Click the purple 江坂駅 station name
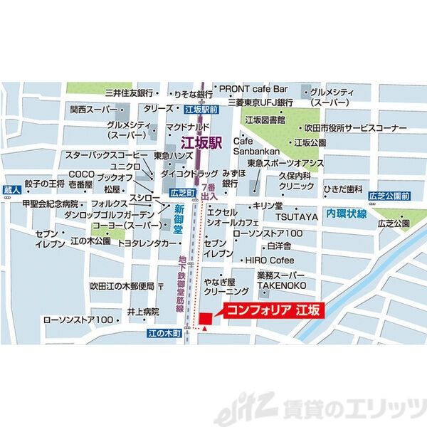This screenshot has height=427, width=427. [201, 142]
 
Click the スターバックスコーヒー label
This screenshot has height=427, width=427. [107, 155]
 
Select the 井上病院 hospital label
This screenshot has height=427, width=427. [142, 312]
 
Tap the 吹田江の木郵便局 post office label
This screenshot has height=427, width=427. [122, 286]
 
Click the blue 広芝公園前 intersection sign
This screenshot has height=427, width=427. [389, 196]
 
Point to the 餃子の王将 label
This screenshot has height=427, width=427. [44, 184]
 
